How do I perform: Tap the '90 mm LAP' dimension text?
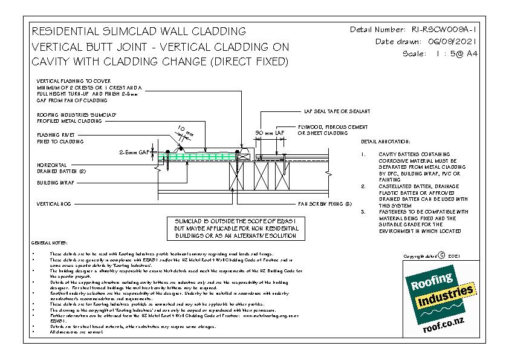(x=269, y=131)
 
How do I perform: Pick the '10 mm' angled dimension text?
(x=183, y=129)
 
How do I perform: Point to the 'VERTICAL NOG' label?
(x=54, y=204)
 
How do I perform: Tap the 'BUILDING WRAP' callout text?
(x=55, y=181)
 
